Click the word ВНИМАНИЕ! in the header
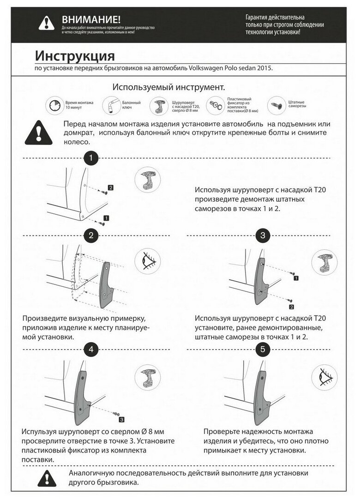(x=91, y=19)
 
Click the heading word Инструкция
(x=75, y=56)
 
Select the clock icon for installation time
(x=54, y=106)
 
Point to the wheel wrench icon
(x=110, y=105)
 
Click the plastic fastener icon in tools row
(x=215, y=106)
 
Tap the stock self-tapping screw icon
(x=276, y=105)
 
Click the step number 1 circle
(x=91, y=158)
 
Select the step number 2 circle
(x=91, y=235)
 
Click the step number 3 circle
(x=263, y=235)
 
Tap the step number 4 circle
(x=91, y=350)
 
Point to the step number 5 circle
(x=263, y=350)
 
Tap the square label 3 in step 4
(x=121, y=420)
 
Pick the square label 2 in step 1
(x=110, y=188)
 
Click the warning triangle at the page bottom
(x=47, y=479)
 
